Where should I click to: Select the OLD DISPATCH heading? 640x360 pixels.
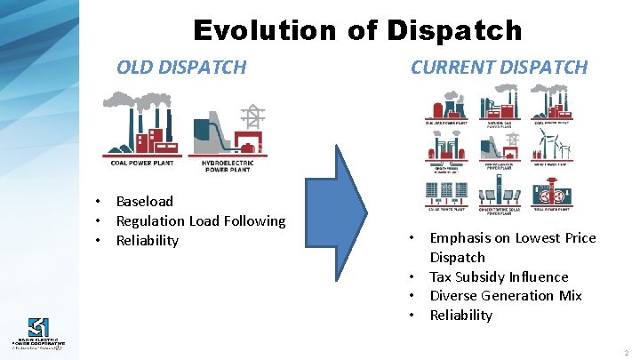point(181,67)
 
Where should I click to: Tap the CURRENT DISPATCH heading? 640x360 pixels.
point(499,67)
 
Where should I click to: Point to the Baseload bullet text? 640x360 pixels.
point(145,202)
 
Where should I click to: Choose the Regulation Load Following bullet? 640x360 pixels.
point(201,220)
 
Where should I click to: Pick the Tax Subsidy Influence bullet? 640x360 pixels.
point(499,276)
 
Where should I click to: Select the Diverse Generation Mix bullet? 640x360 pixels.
point(506,295)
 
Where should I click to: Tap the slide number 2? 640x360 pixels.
point(625,353)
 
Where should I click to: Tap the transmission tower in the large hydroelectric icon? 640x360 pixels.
point(255,117)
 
